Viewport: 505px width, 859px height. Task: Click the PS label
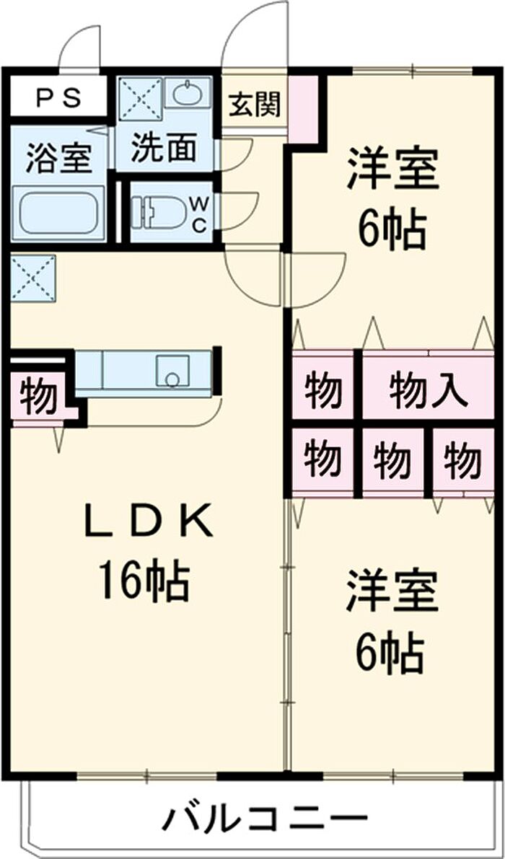point(58,98)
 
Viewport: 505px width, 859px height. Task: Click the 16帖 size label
point(144,582)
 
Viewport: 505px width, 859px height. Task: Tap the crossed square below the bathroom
point(32,278)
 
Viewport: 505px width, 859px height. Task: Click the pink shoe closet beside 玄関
point(304,108)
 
